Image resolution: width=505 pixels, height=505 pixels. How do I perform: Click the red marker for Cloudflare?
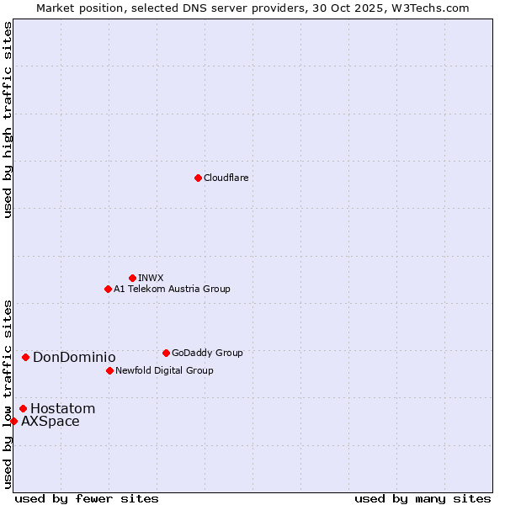click(198, 178)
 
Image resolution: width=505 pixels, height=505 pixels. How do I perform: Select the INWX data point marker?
click(132, 278)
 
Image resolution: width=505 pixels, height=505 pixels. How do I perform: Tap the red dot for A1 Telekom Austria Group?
click(108, 289)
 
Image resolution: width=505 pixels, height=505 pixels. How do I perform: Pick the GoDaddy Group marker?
click(166, 353)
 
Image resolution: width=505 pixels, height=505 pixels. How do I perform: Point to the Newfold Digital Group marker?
click(109, 370)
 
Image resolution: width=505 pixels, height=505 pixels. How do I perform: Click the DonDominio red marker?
click(25, 357)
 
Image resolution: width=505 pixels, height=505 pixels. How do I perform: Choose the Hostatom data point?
click(23, 408)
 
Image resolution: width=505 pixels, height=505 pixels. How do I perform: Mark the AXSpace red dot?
click(13, 421)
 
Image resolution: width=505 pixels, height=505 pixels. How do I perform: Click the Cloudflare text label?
click(226, 178)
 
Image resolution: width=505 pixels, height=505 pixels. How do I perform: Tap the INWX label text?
click(151, 278)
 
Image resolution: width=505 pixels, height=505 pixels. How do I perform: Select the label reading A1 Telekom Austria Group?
click(172, 289)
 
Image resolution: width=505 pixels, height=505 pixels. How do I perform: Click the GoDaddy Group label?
click(207, 353)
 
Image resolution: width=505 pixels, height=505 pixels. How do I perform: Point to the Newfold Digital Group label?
click(164, 370)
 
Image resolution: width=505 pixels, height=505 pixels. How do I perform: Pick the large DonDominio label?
click(74, 357)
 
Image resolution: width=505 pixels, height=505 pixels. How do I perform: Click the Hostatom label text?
click(62, 408)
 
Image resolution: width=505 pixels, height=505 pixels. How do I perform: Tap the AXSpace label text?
click(50, 421)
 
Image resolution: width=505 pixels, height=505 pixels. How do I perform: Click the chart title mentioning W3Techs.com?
click(252, 8)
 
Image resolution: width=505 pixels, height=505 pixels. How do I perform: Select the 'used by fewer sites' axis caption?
click(87, 498)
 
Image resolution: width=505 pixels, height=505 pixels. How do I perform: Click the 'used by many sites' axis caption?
click(423, 498)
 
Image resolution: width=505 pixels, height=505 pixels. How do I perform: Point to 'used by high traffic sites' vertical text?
click(8, 120)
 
